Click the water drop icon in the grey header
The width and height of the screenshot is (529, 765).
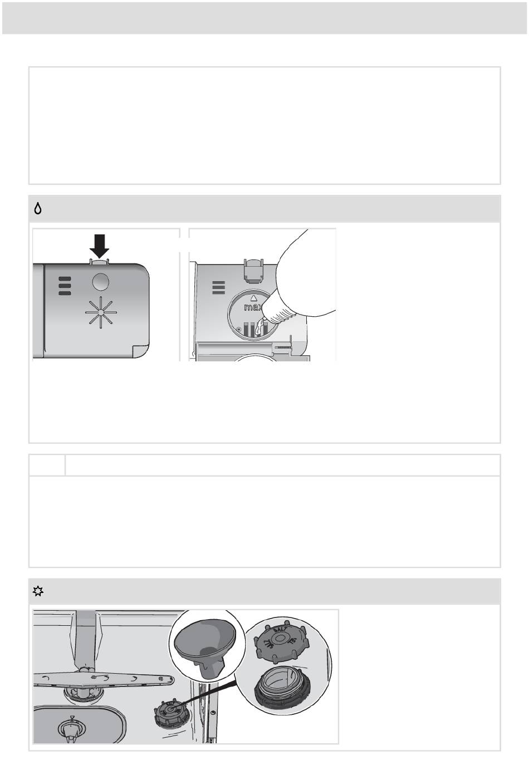click(x=38, y=209)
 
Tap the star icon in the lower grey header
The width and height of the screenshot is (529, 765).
click(x=37, y=591)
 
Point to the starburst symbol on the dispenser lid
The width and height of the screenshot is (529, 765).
click(x=100, y=312)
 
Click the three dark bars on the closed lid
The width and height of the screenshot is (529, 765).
click(x=65, y=286)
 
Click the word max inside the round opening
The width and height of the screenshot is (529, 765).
click(x=253, y=307)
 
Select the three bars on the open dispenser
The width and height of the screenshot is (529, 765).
click(x=219, y=287)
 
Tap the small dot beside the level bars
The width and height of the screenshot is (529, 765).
click(x=238, y=329)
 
